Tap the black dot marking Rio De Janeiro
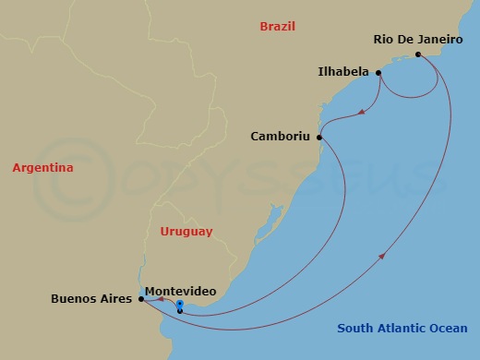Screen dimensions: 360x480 tap(418, 54)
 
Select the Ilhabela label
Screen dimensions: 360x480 tap(342, 71)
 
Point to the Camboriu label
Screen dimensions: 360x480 tap(281, 137)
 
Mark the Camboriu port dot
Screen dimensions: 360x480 tap(320, 138)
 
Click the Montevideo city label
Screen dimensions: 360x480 tap(181, 291)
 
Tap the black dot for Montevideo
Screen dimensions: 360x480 tap(179, 311)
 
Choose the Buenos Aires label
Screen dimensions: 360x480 tap(90, 299)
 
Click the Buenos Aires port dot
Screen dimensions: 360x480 tap(140, 299)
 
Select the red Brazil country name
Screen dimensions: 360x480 tap(277, 27)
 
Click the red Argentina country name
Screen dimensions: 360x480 tap(42, 168)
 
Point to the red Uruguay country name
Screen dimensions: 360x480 tap(186, 231)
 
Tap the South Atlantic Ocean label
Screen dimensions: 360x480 tap(402, 328)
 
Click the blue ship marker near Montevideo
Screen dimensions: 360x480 tap(180, 305)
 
